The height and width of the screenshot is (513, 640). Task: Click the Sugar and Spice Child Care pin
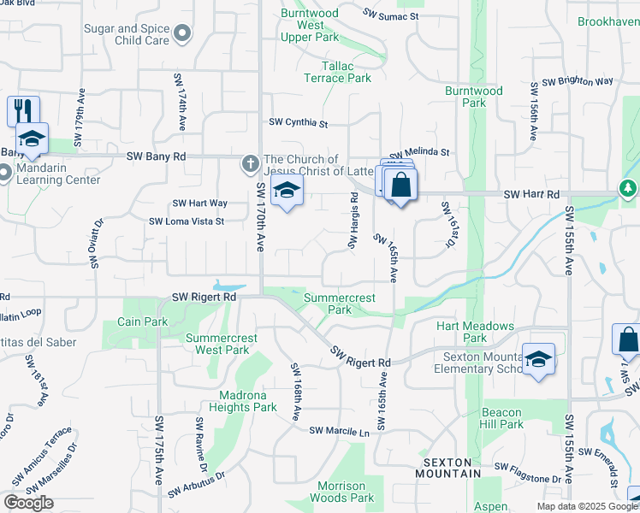pyautogui.click(x=181, y=34)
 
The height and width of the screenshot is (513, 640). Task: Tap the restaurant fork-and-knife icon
pyautogui.click(x=23, y=111)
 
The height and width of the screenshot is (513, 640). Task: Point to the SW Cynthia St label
pyautogui.click(x=299, y=124)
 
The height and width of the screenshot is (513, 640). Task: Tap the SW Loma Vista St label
pyautogui.click(x=187, y=221)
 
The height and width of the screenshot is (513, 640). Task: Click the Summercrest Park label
pyautogui.click(x=340, y=304)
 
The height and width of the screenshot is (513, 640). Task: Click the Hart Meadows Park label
pyautogui.click(x=475, y=332)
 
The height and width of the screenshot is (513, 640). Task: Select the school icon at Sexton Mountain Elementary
pyautogui.click(x=539, y=359)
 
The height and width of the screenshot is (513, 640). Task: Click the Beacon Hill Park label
pyautogui.click(x=502, y=418)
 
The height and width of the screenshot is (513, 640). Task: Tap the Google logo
pyautogui.click(x=29, y=502)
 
